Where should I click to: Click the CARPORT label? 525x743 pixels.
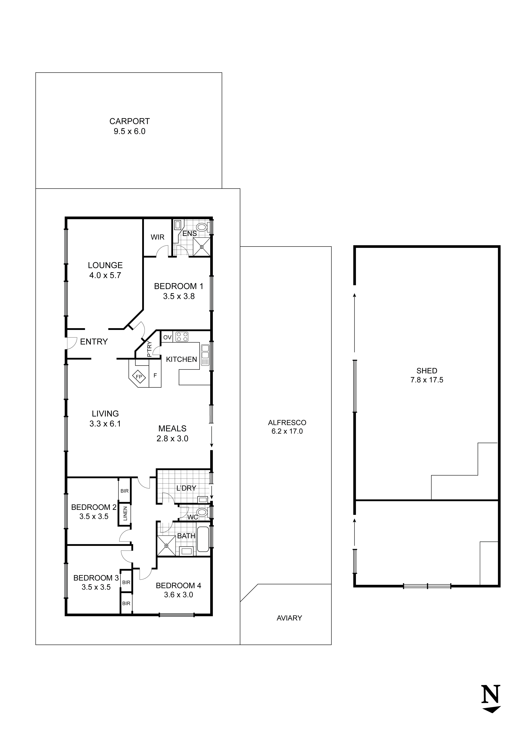click(x=130, y=121)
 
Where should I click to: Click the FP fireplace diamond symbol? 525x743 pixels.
click(x=139, y=377)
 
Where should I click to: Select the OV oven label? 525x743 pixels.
click(x=167, y=337)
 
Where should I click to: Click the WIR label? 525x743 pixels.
click(x=158, y=237)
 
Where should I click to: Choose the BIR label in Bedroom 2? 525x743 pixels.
click(x=125, y=491)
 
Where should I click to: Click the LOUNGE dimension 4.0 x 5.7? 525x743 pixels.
click(x=105, y=275)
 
